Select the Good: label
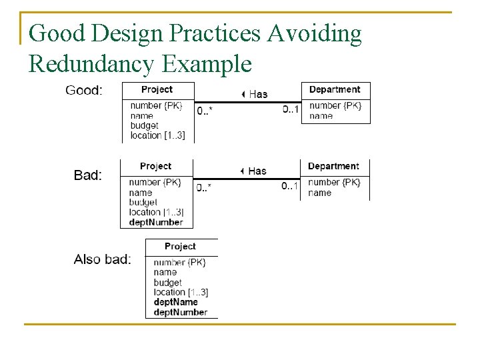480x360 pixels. [83, 90]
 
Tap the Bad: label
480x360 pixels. [87, 175]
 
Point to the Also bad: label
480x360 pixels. [102, 259]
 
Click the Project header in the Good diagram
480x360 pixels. [157, 89]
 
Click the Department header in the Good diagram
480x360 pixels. [335, 89]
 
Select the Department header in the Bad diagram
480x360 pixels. [333, 166]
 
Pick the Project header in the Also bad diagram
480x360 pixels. [180, 246]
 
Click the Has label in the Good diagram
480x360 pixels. [257, 94]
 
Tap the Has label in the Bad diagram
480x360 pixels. [256, 171]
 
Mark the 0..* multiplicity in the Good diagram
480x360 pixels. [205, 110]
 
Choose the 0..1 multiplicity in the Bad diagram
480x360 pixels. [289, 186]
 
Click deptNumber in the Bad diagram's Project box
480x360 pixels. [156, 222]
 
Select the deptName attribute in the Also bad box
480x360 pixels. [175, 302]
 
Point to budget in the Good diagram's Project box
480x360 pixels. [145, 125]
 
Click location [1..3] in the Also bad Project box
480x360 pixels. [181, 292]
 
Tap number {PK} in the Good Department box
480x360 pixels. [335, 105]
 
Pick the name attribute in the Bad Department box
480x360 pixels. [320, 193]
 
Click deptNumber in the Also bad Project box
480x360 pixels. [180, 312]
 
